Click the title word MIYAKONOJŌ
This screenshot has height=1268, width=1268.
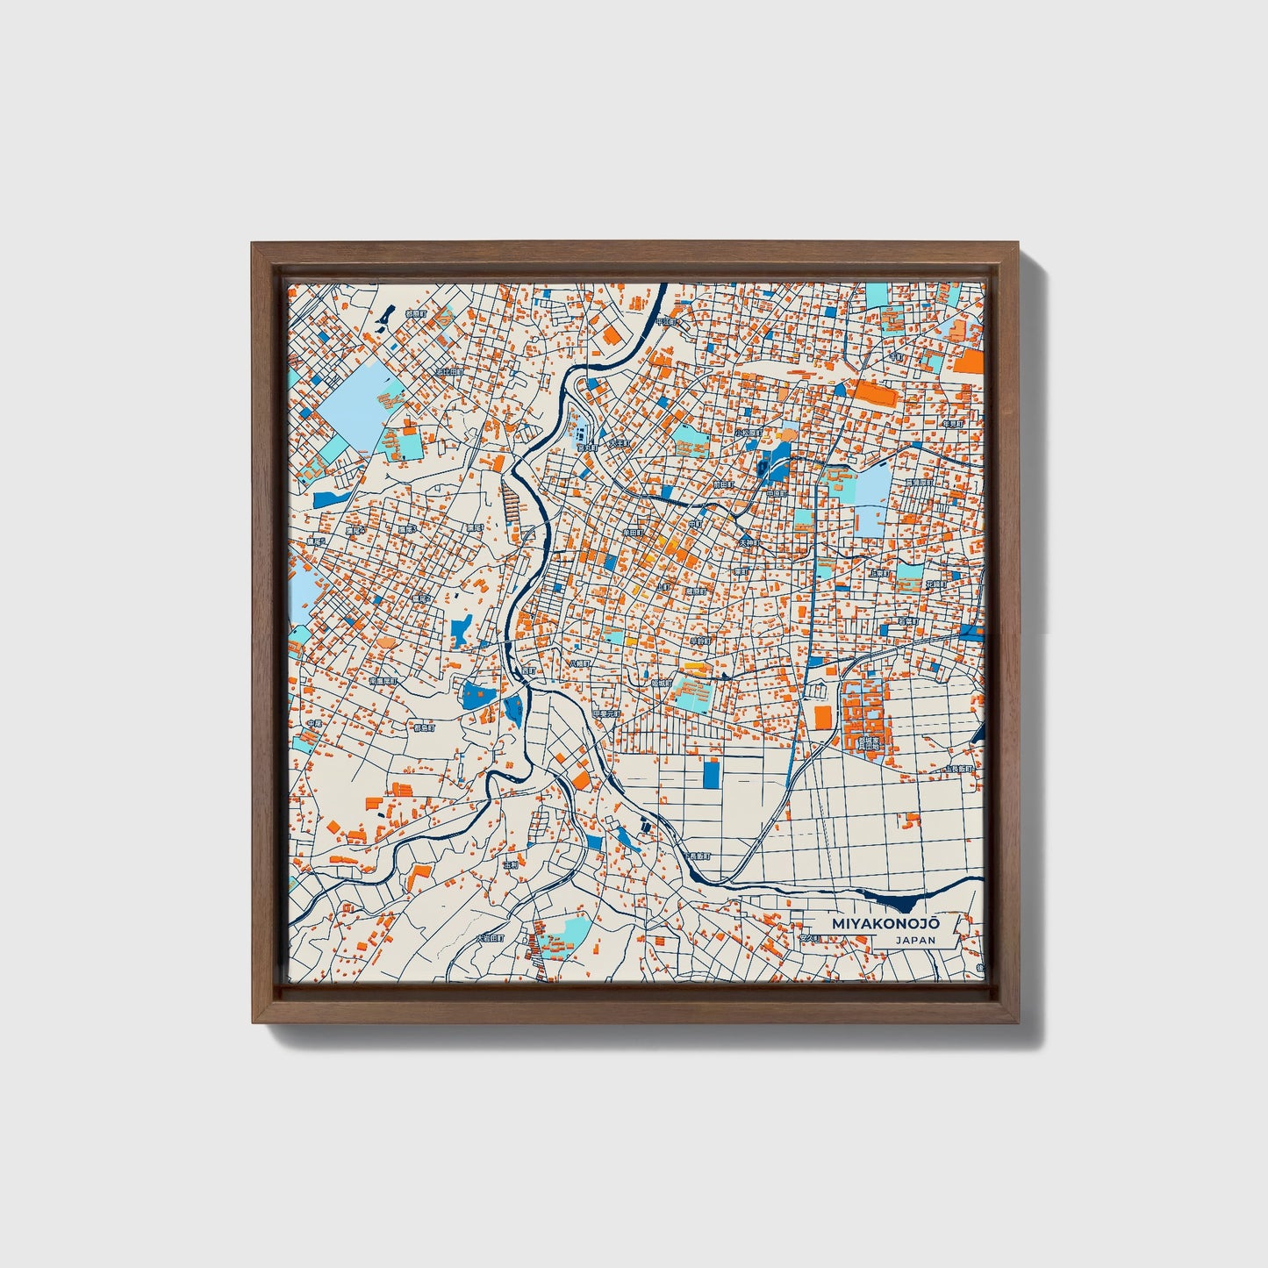(x=886, y=924)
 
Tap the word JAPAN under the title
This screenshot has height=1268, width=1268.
(x=915, y=940)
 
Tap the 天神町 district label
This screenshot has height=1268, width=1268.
(x=748, y=544)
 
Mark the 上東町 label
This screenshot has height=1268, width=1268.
(x=879, y=573)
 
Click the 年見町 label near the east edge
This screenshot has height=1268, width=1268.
(x=952, y=424)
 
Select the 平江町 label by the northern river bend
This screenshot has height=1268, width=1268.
(x=672, y=322)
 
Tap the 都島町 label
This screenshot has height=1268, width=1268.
(x=425, y=727)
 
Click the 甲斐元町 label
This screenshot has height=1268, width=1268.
(x=605, y=713)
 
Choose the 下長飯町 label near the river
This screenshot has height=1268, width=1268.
(x=697, y=856)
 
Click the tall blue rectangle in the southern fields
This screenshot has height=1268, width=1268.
(x=711, y=773)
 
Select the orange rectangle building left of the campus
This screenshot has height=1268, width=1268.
(x=822, y=717)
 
